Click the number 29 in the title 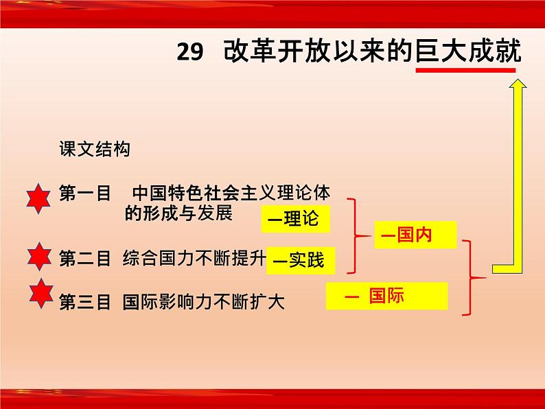pos(189,51)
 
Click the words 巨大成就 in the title pos(469,51)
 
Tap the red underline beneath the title pos(466,70)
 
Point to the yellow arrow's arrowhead pos(518,84)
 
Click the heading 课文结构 pos(95,149)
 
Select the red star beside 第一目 pos(38,198)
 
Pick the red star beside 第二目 pos(39,257)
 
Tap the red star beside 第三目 pos(41,293)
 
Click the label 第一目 pos(85,193)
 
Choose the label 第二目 pos(85,259)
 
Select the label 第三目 pos(85,302)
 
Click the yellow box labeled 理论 pos(295,219)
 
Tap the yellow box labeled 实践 pos(301,261)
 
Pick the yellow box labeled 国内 pos(415,235)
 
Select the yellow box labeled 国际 pos(386,296)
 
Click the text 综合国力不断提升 pos(194,258)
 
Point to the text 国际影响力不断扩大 pos(204,302)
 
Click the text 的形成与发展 pos(178,213)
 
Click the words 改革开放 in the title pos(277,51)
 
